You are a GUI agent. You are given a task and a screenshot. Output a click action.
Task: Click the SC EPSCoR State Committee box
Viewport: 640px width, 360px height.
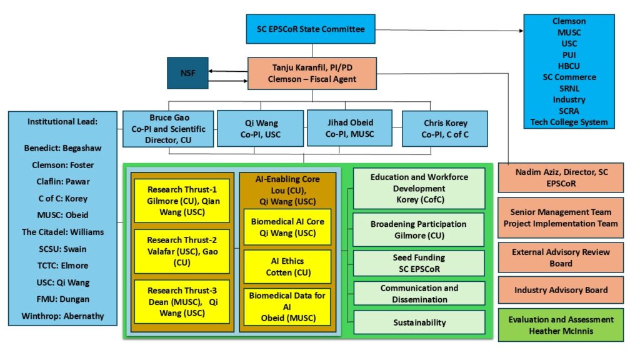point(311,29)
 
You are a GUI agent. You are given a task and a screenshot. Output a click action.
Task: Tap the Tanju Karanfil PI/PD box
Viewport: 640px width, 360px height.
point(312,73)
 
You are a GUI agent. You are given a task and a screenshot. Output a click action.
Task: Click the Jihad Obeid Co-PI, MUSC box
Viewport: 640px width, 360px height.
point(349,128)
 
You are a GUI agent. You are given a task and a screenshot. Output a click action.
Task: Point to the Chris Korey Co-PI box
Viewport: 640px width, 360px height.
point(444,129)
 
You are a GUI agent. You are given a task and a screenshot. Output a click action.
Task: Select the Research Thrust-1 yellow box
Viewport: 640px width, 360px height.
point(182,201)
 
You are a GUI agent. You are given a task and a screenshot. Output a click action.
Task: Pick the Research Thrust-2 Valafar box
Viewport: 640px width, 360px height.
point(182,251)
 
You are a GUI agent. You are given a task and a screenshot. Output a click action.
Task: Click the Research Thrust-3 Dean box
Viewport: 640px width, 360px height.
point(182,301)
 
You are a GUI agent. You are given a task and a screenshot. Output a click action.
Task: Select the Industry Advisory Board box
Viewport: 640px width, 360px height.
point(561,290)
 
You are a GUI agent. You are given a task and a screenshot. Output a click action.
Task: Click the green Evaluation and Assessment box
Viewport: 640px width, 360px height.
point(561,324)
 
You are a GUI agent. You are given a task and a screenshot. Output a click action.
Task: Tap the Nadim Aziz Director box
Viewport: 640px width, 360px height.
point(561,177)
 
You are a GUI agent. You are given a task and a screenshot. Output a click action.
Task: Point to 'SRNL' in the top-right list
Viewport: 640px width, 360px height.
point(569,88)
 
